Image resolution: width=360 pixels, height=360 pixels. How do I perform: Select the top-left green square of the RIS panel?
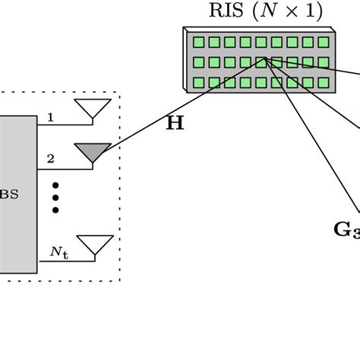click(x=199, y=43)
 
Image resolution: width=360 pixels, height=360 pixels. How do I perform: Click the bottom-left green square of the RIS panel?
click(x=199, y=82)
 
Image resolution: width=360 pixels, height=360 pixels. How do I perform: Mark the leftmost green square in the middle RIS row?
click(x=199, y=62)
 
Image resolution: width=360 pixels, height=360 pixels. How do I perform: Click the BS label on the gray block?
click(x=9, y=194)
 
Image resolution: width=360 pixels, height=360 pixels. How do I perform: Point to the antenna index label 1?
click(x=50, y=118)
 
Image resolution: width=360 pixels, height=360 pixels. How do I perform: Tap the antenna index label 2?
click(x=50, y=159)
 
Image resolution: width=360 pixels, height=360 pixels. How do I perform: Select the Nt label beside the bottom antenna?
click(x=58, y=250)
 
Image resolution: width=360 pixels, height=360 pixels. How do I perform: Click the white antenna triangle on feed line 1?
click(x=92, y=109)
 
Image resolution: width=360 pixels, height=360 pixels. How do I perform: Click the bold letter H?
click(x=175, y=123)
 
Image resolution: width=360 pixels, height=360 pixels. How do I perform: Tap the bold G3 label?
click(x=346, y=229)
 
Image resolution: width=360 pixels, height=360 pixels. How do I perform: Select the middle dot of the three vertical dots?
click(x=55, y=197)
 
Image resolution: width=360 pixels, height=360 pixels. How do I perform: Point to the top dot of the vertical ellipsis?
click(x=55, y=185)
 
